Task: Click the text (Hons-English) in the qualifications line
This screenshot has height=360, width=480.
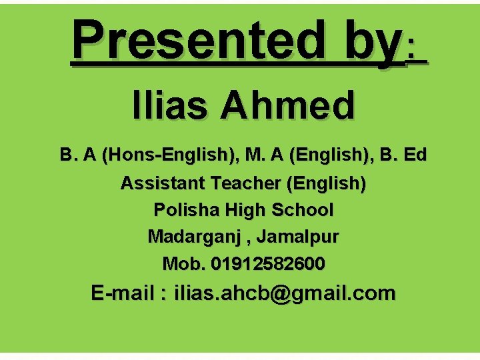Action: (x=169, y=155)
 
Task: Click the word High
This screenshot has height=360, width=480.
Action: (x=245, y=210)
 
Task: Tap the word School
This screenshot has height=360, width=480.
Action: (x=303, y=210)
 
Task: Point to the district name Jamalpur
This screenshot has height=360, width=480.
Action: (x=298, y=237)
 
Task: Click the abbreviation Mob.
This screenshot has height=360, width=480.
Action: (x=185, y=264)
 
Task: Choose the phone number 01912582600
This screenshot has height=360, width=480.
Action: (x=269, y=264)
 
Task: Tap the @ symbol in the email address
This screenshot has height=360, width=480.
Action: (x=283, y=294)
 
